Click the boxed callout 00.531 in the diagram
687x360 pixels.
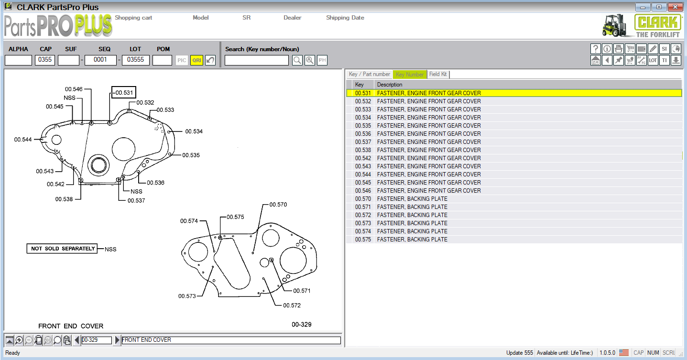coord(124,93)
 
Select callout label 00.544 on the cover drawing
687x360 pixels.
coord(23,140)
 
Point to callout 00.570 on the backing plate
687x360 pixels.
coord(278,205)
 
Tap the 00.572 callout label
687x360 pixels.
coord(292,305)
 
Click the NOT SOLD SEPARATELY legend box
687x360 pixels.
coord(63,249)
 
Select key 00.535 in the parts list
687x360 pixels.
coord(363,126)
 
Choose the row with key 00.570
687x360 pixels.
coord(363,199)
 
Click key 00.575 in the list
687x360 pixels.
coord(363,240)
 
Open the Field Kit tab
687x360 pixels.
coord(438,75)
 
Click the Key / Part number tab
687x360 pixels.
coord(369,75)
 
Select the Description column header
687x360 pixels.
coord(390,85)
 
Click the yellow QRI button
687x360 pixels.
coord(196,60)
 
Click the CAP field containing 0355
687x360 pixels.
coord(45,60)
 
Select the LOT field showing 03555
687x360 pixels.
coord(135,60)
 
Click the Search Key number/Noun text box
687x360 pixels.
coord(257,60)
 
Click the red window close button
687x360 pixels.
coord(675,7)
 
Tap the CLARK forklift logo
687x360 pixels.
coord(641,25)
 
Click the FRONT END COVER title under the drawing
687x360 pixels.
coord(71,326)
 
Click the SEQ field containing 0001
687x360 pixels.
coord(100,60)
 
